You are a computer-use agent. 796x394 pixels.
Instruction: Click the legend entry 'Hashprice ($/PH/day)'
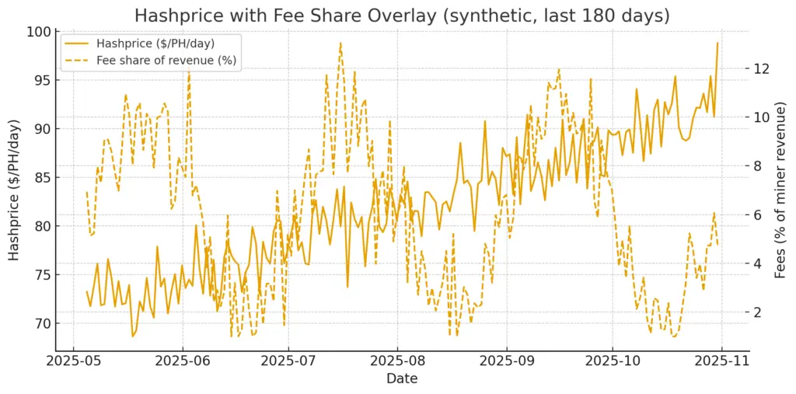pyautogui.click(x=161, y=44)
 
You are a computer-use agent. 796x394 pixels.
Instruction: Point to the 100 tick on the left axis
pyautogui.click(x=40, y=32)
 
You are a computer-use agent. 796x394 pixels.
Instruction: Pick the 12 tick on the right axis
pyautogui.click(x=760, y=68)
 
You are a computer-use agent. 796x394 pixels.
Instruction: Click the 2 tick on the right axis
pyautogui.click(x=757, y=312)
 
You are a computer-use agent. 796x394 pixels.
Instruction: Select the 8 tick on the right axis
pyautogui.click(x=757, y=166)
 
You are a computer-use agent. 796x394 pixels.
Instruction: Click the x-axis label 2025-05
pyautogui.click(x=74, y=361)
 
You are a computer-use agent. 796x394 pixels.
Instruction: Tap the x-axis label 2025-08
pyautogui.click(x=397, y=361)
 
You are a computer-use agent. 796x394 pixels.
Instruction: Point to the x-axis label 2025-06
pyautogui.click(x=183, y=361)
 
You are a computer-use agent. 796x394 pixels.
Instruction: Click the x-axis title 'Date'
pyautogui.click(x=402, y=379)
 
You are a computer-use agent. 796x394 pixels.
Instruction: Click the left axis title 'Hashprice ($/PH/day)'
pyautogui.click(x=15, y=190)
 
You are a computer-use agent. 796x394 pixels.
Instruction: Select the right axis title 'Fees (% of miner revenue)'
pyautogui.click(x=781, y=190)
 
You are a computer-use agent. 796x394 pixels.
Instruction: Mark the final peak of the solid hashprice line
pyautogui.click(x=717, y=44)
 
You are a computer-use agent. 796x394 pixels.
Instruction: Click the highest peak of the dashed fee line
pyautogui.click(x=340, y=44)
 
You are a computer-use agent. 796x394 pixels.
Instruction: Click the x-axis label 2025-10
pyautogui.click(x=613, y=361)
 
